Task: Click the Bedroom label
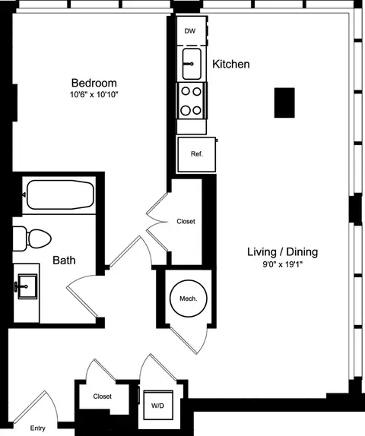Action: (x=94, y=82)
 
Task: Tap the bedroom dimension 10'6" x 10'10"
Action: (x=94, y=96)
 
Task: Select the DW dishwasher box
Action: (x=190, y=32)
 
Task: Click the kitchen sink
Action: (x=190, y=62)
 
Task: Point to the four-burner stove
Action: (x=190, y=100)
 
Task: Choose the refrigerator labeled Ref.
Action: (x=196, y=154)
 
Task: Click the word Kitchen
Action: (x=231, y=65)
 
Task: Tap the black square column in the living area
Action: (x=284, y=102)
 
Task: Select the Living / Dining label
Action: (x=282, y=252)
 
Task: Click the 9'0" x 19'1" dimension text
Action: (x=282, y=266)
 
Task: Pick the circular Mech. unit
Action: (x=188, y=299)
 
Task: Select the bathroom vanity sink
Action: (x=27, y=287)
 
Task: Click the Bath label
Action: (x=64, y=261)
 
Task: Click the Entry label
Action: (x=37, y=428)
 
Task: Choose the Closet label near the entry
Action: (x=102, y=397)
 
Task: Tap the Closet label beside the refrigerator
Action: (x=186, y=222)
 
